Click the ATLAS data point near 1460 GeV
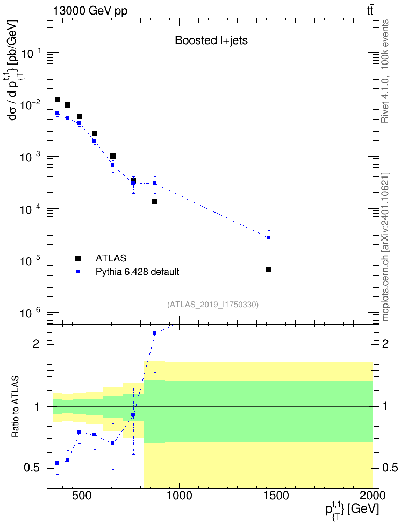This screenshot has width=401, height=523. coord(269,270)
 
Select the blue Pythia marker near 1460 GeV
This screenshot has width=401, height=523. coord(268,238)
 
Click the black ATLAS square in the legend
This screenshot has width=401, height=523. coord(78,258)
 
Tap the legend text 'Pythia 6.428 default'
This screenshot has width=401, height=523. coord(137,272)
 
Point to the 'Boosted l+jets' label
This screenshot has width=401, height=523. coord(211,40)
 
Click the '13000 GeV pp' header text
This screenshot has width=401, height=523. coord(90,11)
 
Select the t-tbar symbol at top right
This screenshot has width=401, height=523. coord(370,11)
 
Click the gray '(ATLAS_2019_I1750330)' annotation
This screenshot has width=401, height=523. coord(213,304)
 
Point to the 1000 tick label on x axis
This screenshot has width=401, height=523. coord(180,496)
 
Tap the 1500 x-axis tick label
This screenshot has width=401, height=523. coord(276,496)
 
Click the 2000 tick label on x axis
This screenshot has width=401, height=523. coord(373,496)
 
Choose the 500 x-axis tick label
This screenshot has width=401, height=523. coord(82,496)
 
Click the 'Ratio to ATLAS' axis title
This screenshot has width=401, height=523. coord(15,407)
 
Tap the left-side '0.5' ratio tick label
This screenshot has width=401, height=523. coord(32,468)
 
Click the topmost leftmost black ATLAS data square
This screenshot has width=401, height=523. coord(58,100)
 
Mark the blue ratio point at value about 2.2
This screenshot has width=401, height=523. coord(154,333)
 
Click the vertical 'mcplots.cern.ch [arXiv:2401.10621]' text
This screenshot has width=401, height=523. coord(385,247)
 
